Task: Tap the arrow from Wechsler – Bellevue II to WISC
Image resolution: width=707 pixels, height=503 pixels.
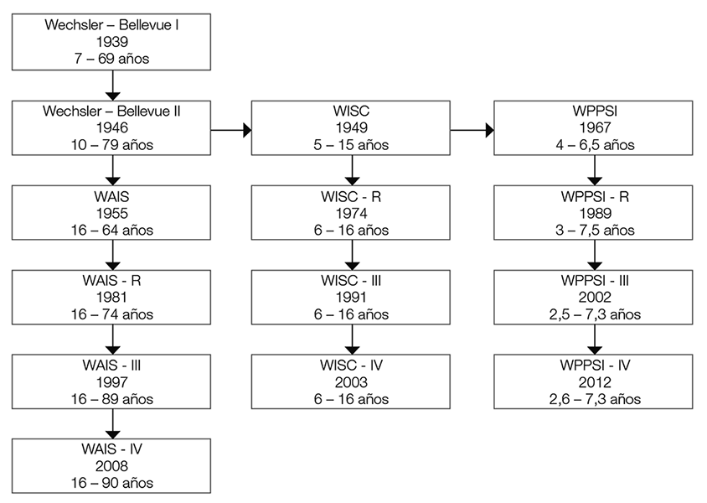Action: (x=230, y=130)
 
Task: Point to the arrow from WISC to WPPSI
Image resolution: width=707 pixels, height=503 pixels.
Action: (x=472, y=130)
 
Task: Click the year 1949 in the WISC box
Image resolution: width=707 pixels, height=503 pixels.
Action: (x=352, y=127)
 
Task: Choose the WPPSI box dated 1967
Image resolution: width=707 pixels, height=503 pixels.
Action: (x=593, y=127)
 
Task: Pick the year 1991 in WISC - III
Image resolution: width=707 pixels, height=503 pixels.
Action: (x=352, y=298)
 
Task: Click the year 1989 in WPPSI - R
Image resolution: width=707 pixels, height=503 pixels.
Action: (x=593, y=214)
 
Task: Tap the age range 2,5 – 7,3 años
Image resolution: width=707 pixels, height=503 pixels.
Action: (x=593, y=315)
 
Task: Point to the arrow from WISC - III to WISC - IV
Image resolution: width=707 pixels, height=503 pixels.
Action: (x=352, y=339)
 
